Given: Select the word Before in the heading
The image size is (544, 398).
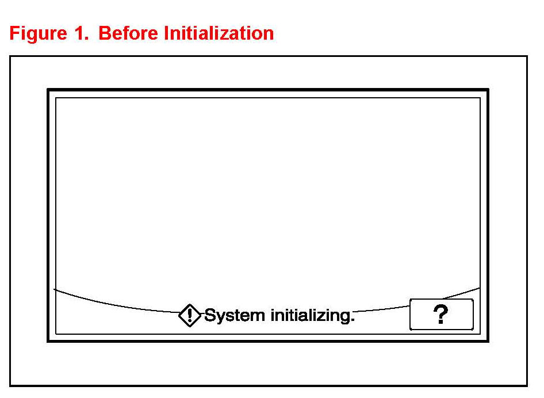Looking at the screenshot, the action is (x=128, y=33).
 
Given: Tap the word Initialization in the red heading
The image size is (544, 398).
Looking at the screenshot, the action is (x=219, y=33).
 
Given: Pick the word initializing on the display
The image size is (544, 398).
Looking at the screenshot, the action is (x=311, y=315).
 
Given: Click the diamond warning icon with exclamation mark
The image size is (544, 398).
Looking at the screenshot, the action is (x=190, y=315).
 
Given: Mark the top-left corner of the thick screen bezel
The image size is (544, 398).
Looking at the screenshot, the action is (x=48, y=90).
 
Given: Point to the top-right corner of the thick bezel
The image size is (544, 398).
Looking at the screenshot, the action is (x=488, y=90).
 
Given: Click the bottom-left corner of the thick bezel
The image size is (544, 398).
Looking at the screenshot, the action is (x=48, y=341).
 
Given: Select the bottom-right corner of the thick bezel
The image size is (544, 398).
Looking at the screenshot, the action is (x=488, y=341).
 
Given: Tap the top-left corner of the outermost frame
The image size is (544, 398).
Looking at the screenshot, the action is (x=10, y=56).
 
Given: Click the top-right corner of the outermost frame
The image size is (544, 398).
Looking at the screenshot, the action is (x=527, y=56).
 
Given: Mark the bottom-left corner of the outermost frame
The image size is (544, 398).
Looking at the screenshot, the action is (x=10, y=385).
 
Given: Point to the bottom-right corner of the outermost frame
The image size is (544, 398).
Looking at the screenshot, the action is (x=527, y=385).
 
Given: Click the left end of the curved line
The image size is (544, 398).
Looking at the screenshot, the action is (x=54, y=289).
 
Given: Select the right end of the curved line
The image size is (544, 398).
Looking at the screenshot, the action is (x=480, y=288).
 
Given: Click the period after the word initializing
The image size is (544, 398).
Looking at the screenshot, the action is (x=353, y=320).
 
